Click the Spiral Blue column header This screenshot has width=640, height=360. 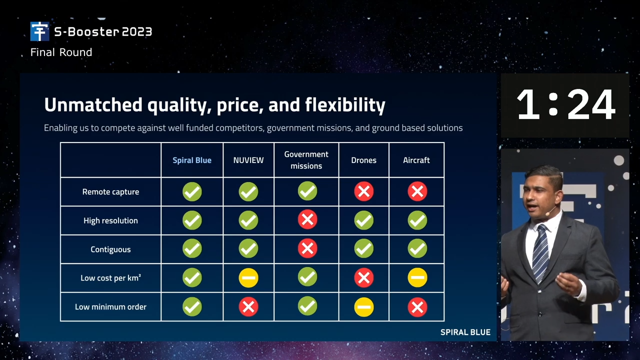pos(192,160)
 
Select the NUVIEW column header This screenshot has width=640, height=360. pos(248,160)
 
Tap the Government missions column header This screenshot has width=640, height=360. pos(306,160)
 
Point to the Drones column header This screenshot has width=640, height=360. pos(363,160)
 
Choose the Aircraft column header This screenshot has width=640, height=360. pos(416,160)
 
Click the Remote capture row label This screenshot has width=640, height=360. pos(110,191)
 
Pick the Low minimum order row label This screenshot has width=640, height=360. pos(110,307)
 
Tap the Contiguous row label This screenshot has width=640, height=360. pos(110,249)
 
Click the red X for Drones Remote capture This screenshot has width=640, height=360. pos(363,191)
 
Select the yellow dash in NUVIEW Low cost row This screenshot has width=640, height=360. pos(248,277)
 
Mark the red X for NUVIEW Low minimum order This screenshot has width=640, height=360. pos(248,307)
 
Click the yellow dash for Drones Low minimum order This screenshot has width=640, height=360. pos(363,307)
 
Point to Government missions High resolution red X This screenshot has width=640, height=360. pos(307,219)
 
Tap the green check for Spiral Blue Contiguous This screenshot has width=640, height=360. pos(192,248)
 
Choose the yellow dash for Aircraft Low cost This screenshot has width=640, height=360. pos(417,277)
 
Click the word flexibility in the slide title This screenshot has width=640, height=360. pos(345,105)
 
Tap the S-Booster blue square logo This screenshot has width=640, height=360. pos(39,31)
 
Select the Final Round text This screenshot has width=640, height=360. pos(61,52)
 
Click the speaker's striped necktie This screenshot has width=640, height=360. pos(540,253)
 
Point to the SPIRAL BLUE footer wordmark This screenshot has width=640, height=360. pos(465,332)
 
